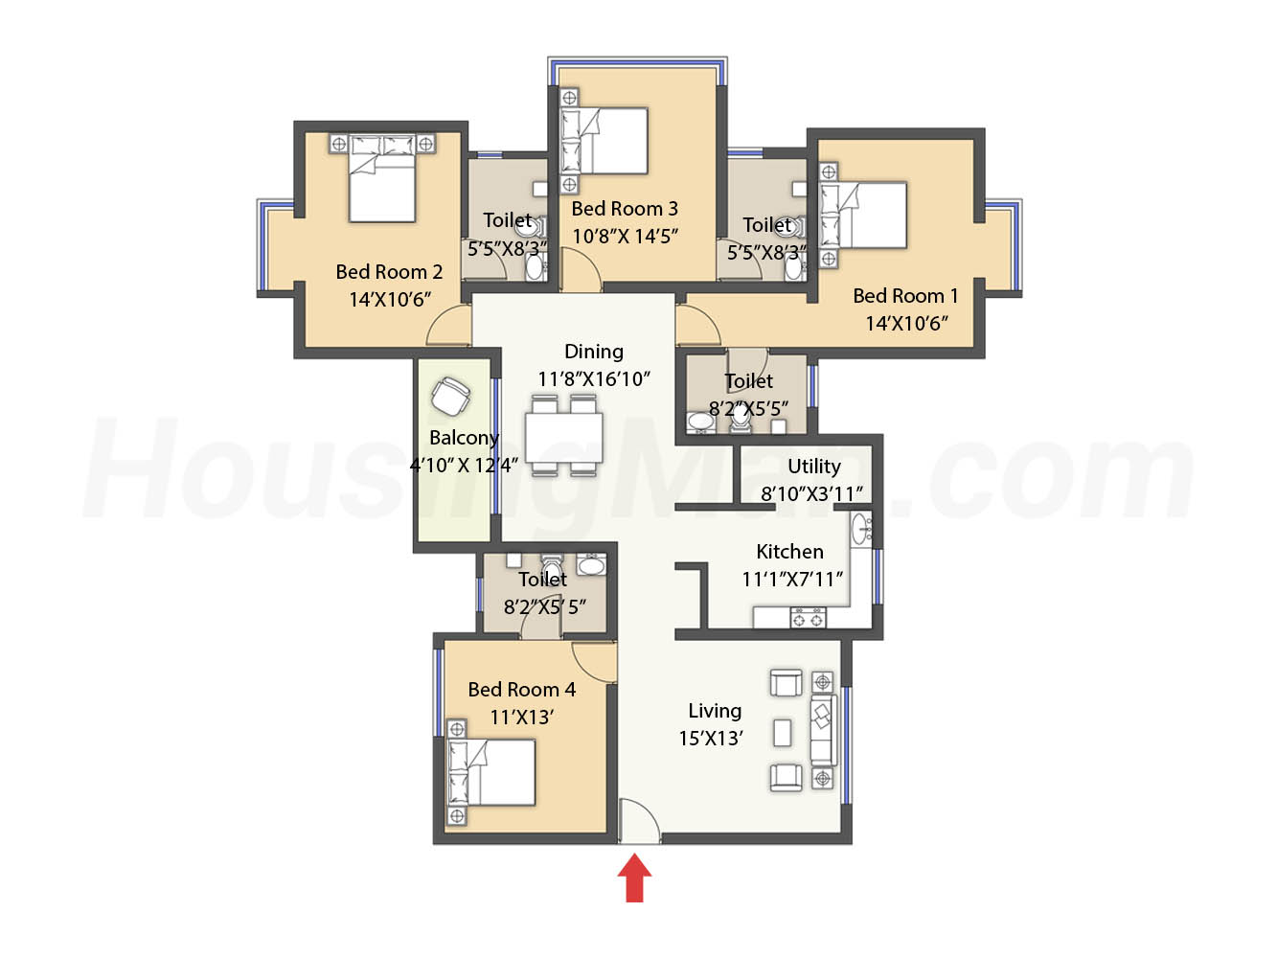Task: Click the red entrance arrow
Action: point(634,878)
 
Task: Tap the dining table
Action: point(563,437)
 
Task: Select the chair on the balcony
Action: point(450,396)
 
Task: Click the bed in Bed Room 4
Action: point(491,772)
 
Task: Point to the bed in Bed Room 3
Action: point(604,140)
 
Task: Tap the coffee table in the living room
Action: point(783,733)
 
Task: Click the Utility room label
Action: point(814,467)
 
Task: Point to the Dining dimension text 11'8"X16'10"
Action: point(593,379)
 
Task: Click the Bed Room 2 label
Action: point(389,272)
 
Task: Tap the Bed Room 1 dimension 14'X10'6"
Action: point(906,324)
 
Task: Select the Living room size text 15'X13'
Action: point(711,738)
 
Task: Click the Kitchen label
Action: point(789,552)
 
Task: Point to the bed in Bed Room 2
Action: point(382,178)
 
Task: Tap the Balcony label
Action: point(464,438)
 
